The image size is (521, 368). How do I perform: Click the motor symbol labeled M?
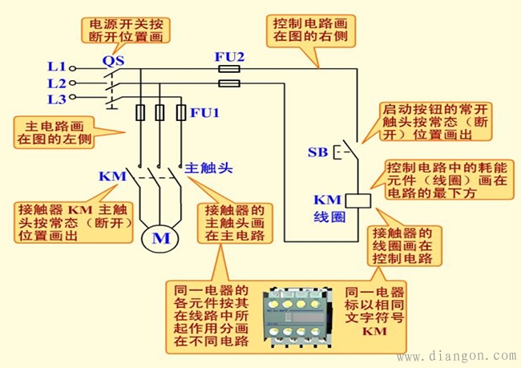[161, 238]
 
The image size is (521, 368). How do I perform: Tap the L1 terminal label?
[56, 68]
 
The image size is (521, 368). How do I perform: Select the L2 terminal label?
[56, 83]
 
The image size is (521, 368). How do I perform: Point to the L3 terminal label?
[56, 99]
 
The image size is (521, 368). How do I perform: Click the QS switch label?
[112, 59]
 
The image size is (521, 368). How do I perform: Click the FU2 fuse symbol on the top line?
[229, 70]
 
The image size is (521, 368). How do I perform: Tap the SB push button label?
[317, 152]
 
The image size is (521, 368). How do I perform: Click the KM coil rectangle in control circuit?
[358, 200]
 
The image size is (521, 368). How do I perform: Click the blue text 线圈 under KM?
[329, 217]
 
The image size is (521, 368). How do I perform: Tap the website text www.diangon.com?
[457, 356]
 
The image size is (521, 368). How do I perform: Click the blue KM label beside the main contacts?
[112, 176]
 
